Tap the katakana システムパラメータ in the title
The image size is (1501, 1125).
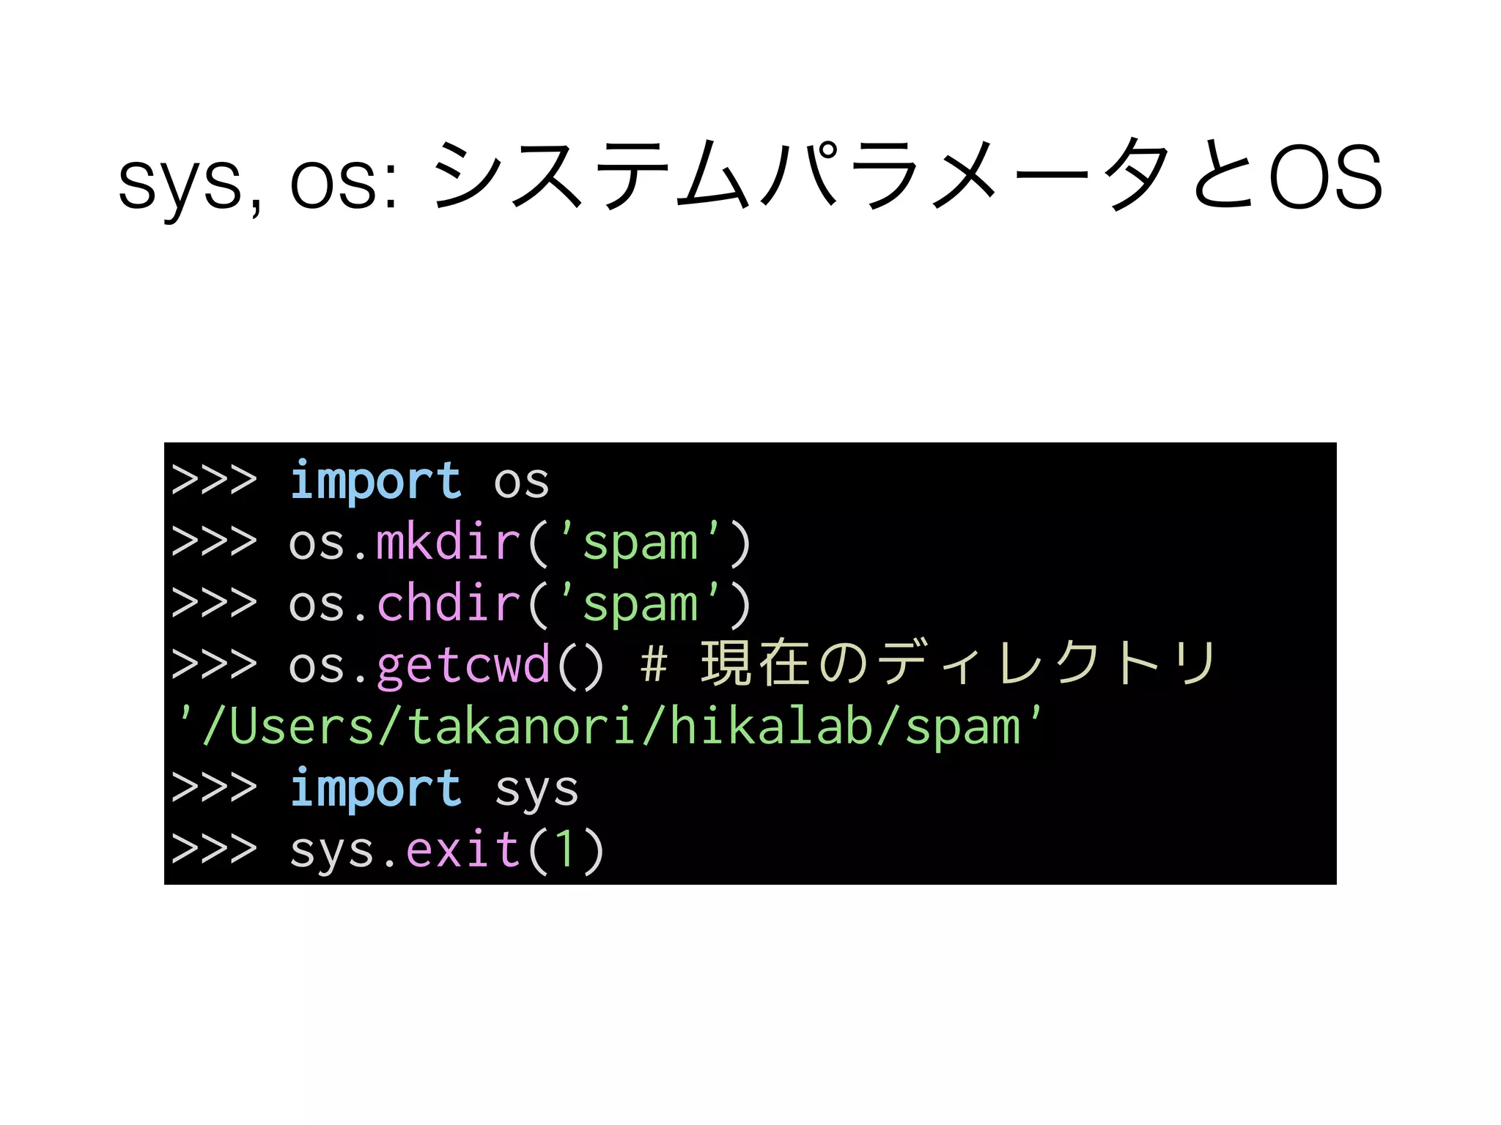click(x=799, y=176)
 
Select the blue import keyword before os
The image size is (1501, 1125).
click(x=375, y=482)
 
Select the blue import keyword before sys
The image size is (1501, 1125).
click(x=375, y=790)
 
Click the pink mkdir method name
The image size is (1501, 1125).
click(x=448, y=543)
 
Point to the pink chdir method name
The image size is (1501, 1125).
click(x=448, y=605)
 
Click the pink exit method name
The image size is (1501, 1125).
click(x=462, y=851)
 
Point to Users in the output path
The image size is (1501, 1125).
click(x=301, y=728)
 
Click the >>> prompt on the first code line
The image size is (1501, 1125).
click(x=214, y=480)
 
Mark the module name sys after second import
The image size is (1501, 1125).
click(x=536, y=791)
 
